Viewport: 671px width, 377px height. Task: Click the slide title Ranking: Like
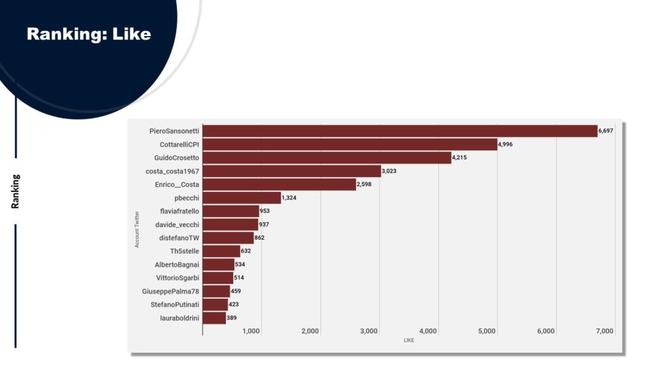tap(88, 33)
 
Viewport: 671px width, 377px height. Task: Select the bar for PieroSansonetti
tap(400, 131)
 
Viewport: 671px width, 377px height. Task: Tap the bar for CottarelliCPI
tap(350, 144)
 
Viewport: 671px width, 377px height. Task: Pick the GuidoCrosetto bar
tap(327, 158)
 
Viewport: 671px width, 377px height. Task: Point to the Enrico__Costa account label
tap(177, 184)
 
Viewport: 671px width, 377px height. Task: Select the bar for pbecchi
tap(242, 198)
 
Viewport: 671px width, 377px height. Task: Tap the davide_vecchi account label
tap(177, 224)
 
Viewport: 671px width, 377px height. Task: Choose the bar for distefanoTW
tap(228, 238)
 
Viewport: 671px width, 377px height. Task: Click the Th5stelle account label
tap(185, 251)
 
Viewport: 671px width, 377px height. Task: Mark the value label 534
tap(240, 264)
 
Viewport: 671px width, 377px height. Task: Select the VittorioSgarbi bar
tap(218, 278)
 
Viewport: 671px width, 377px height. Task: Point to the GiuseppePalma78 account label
tap(170, 291)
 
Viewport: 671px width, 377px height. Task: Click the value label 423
tap(234, 304)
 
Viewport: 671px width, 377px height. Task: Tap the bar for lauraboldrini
tap(214, 318)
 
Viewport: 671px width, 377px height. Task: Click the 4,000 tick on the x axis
tap(428, 331)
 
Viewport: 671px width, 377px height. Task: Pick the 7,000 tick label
tap(604, 331)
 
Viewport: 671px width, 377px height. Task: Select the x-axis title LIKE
tap(409, 340)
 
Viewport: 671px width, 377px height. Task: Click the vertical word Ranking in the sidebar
tap(15, 191)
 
